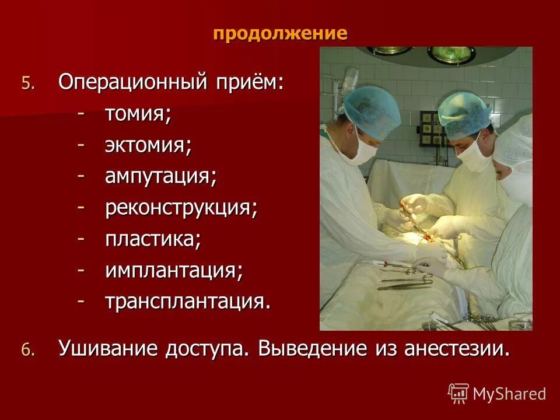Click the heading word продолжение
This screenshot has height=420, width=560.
(x=280, y=33)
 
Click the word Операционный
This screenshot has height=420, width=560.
(x=131, y=82)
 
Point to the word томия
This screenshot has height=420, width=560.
(x=138, y=114)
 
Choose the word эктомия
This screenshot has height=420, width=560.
(x=148, y=145)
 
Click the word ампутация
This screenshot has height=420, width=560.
(x=160, y=177)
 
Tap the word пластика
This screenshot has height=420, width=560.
(x=153, y=240)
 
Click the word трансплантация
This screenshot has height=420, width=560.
(x=187, y=302)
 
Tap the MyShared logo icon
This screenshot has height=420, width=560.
(x=459, y=393)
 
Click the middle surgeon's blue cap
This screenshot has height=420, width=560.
(x=464, y=111)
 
